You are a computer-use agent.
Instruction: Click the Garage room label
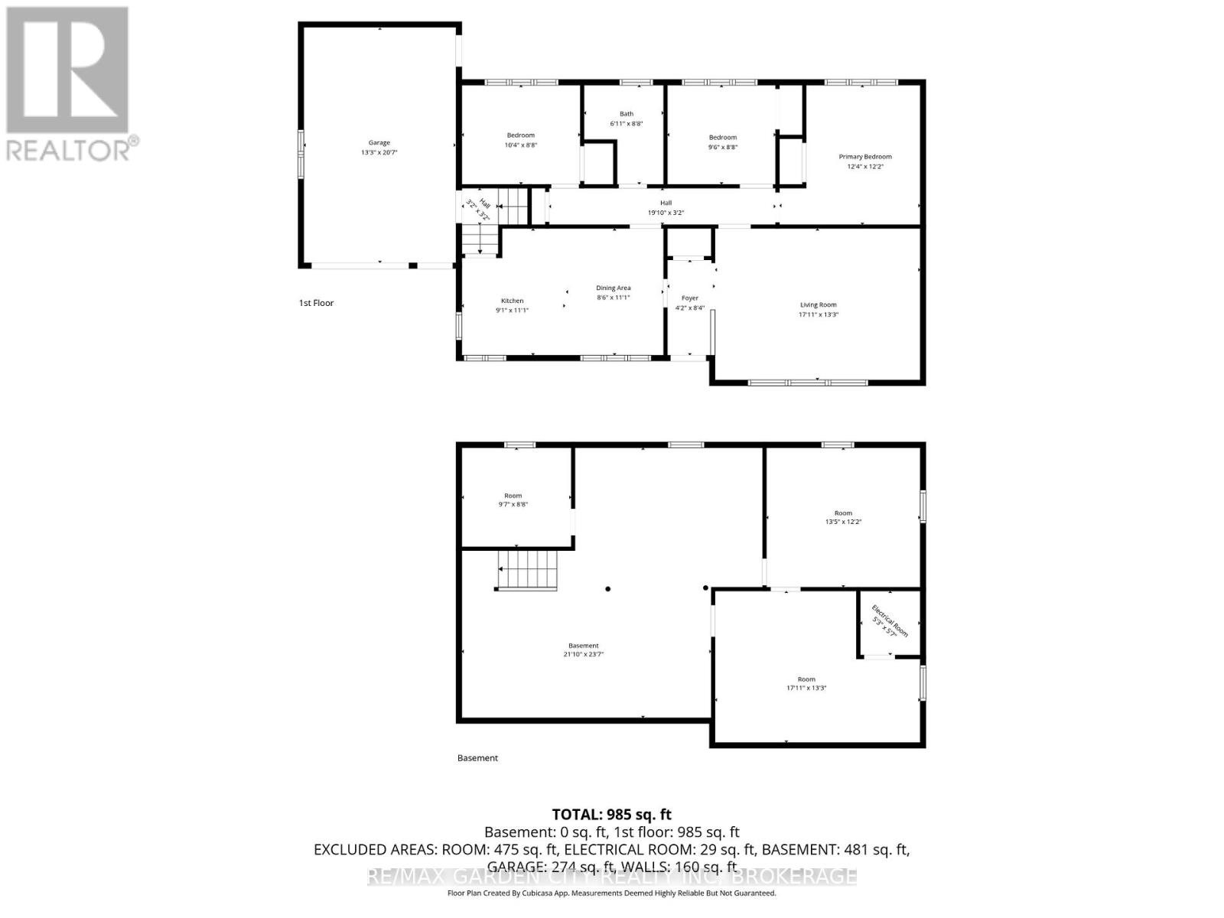(379, 143)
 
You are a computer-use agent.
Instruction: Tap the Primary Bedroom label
(864, 157)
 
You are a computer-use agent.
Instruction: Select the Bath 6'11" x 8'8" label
(627, 119)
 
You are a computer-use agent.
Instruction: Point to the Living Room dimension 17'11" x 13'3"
(818, 314)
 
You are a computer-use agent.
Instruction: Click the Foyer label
(689, 298)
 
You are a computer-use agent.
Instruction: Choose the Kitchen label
(512, 301)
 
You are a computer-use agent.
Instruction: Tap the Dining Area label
(613, 288)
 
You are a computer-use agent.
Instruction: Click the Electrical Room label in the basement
(890, 621)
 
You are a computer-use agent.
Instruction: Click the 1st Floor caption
(316, 303)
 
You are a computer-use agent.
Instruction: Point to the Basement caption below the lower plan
(477, 758)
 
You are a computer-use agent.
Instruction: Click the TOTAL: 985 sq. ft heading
(611, 815)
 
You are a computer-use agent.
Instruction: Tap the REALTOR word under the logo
(69, 149)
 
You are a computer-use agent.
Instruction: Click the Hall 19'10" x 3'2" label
(666, 207)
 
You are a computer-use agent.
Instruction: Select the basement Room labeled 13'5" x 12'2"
(842, 517)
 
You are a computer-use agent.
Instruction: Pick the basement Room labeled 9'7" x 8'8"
(513, 500)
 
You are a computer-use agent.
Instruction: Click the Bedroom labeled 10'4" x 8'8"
(520, 140)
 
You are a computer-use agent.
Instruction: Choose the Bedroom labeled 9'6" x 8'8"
(722, 142)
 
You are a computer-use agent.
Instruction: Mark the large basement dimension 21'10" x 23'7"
(583, 654)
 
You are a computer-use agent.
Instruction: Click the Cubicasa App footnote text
(611, 893)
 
